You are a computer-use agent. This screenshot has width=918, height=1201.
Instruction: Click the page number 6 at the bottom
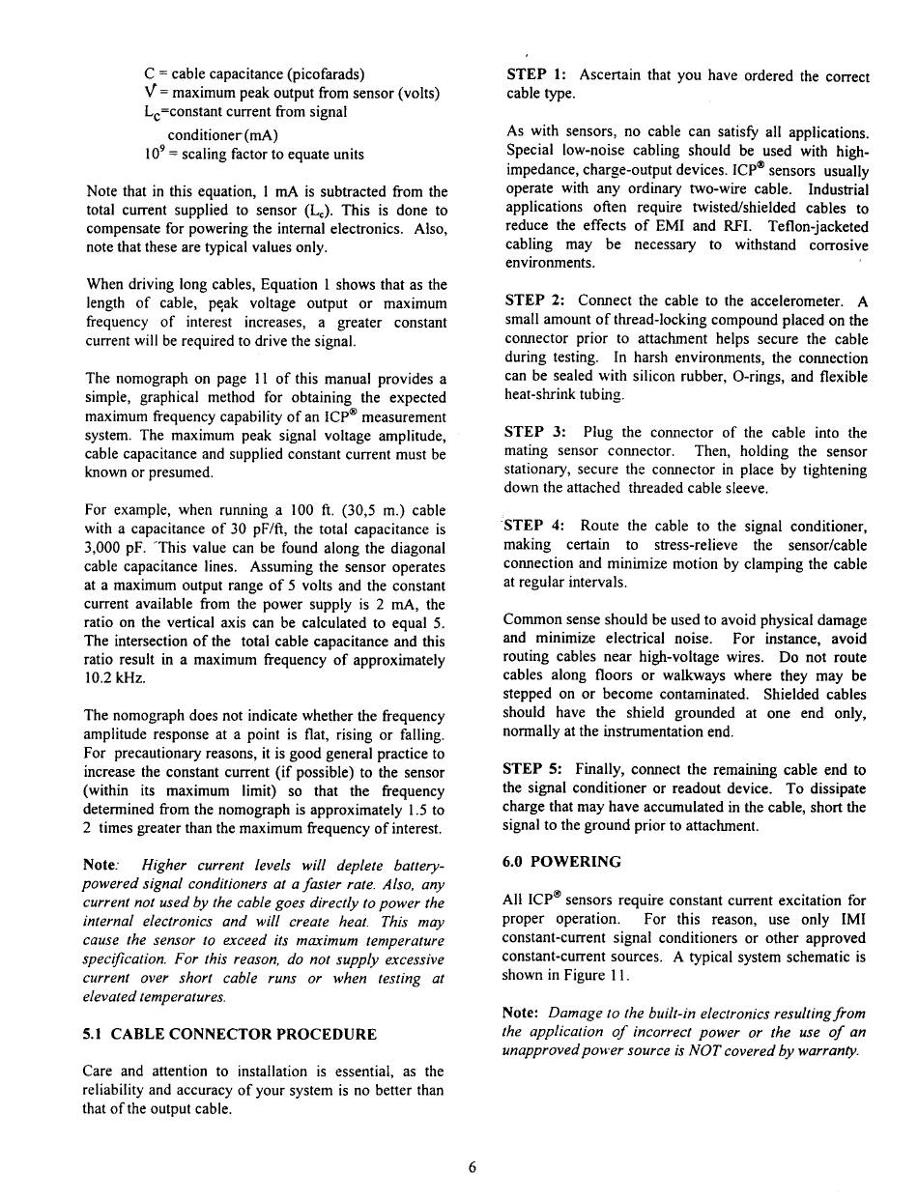pos(472,1166)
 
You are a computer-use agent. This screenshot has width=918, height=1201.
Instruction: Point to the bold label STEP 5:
pos(536,769)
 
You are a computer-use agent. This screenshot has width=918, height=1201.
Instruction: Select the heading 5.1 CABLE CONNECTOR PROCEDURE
pos(230,1034)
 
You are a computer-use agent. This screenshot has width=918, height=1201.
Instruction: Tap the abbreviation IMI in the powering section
pos(852,920)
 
